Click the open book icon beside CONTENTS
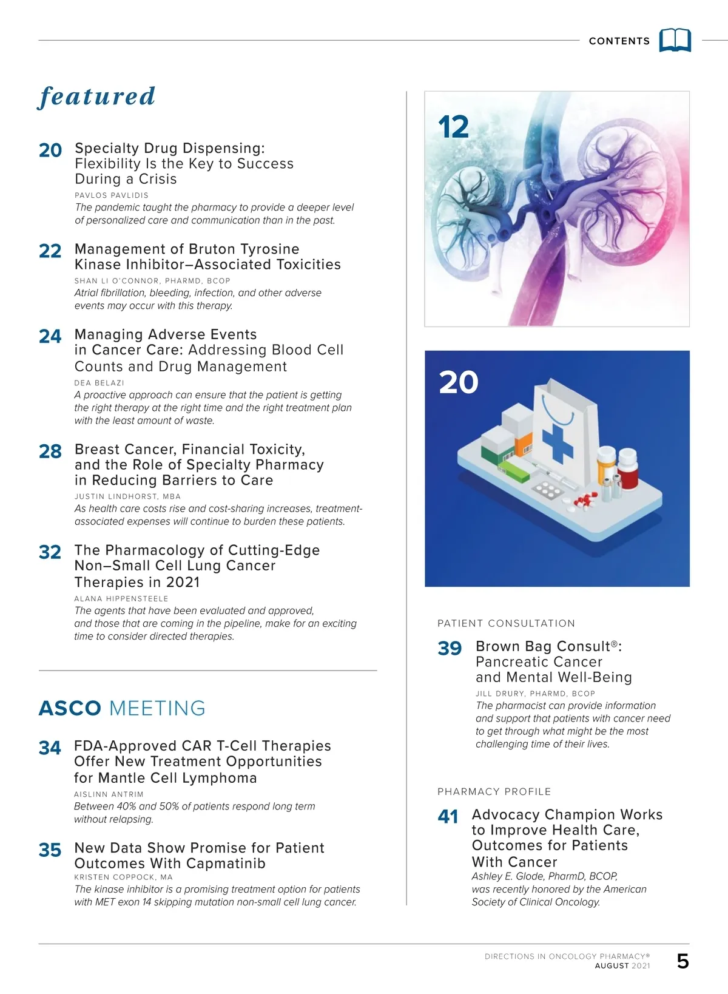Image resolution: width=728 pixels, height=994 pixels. (675, 40)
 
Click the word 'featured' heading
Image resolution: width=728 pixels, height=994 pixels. (97, 97)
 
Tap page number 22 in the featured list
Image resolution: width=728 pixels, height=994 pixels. (50, 251)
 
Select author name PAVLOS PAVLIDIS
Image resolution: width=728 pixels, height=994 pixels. (112, 195)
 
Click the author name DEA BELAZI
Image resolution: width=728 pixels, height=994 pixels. (99, 383)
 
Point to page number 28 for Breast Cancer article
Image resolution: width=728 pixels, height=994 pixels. (50, 451)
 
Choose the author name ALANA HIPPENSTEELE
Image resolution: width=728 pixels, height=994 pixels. (121, 598)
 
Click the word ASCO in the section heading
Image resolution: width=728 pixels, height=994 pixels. (70, 708)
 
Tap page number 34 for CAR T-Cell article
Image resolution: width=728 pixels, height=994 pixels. (50, 748)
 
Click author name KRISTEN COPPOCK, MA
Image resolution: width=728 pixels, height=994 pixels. (123, 877)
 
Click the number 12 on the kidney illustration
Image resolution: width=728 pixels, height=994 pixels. (453, 127)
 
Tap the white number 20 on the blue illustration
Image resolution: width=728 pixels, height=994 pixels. (459, 382)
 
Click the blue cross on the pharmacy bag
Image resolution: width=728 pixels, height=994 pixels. (557, 443)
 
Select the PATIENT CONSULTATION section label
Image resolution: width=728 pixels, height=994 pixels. (506, 623)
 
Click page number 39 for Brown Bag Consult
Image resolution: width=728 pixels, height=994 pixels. (450, 648)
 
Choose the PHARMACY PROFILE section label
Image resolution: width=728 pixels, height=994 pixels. (494, 792)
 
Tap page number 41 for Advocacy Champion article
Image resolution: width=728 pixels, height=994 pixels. (448, 817)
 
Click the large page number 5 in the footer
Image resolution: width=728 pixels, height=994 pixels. (682, 961)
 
